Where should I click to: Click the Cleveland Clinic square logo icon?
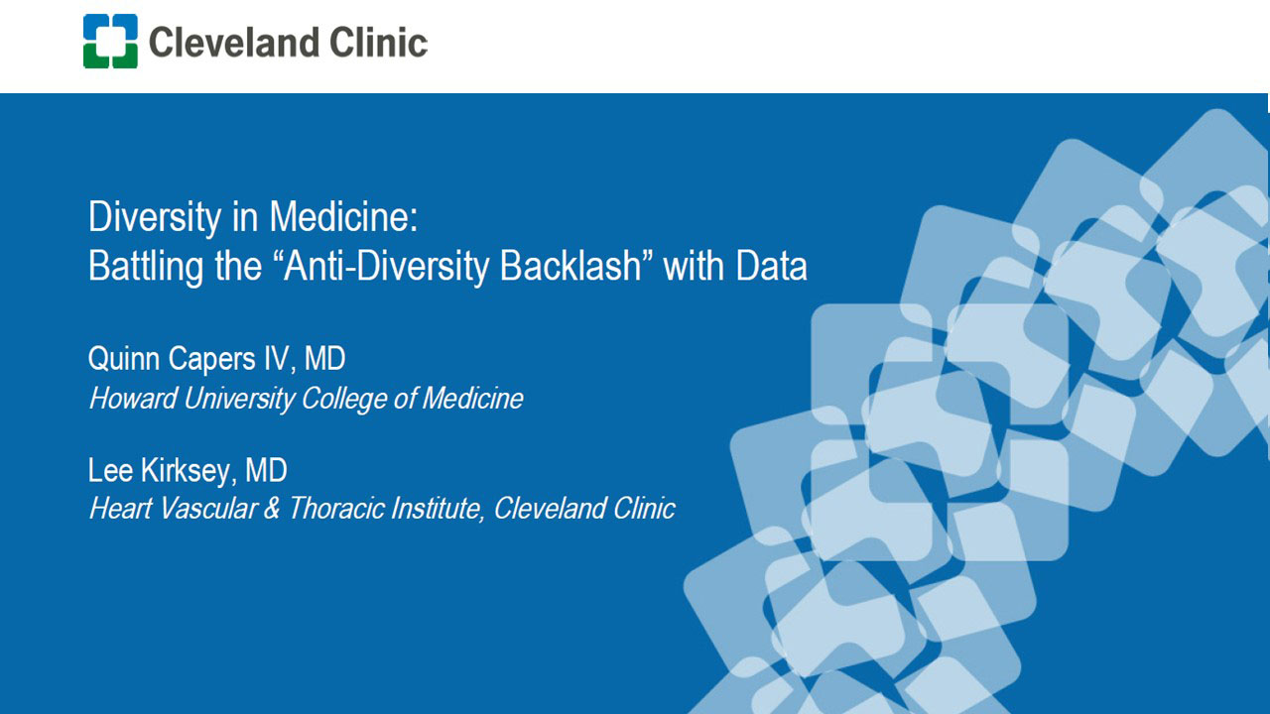(110, 42)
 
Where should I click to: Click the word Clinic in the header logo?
(378, 43)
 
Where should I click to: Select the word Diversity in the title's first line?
(155, 218)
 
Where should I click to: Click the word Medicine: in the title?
(343, 216)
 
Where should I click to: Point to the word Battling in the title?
(146, 267)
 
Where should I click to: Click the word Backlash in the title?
(570, 265)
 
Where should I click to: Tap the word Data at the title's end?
(771, 265)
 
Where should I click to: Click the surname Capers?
(211, 360)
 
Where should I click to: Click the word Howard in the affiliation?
(132, 398)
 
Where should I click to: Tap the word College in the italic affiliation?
(344, 399)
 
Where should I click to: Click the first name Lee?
(110, 470)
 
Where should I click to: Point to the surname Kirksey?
(185, 471)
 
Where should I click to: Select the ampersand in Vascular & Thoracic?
(272, 508)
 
